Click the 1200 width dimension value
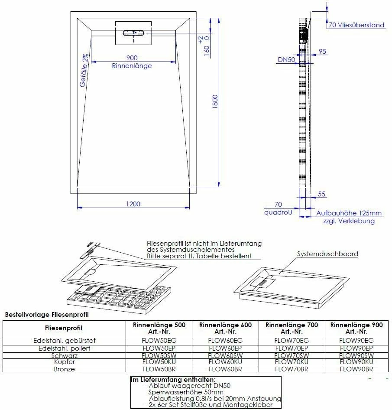[x=133, y=204]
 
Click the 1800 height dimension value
[x=215, y=102]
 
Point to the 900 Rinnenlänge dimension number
[x=132, y=58]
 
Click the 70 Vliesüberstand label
[x=356, y=25]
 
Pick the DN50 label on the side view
[x=286, y=60]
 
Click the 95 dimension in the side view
[x=322, y=51]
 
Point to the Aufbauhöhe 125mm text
[x=349, y=213]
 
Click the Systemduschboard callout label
[x=327, y=254]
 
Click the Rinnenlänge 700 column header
[x=291, y=328]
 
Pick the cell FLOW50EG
[x=159, y=341]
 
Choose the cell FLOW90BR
[x=356, y=369]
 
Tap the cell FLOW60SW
[x=225, y=355]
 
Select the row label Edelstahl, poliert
[x=64, y=348]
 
